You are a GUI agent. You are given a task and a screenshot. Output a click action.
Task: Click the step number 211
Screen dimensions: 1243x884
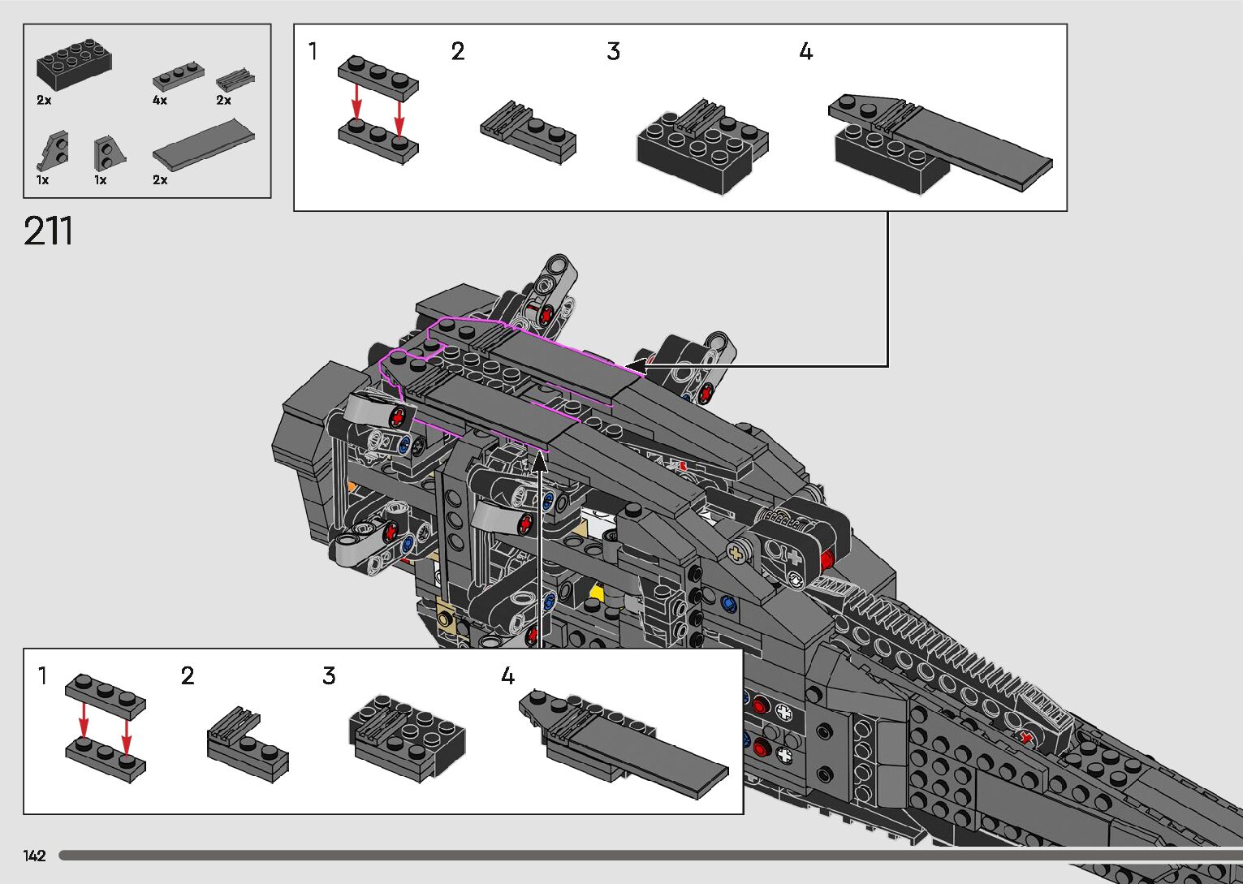point(48,231)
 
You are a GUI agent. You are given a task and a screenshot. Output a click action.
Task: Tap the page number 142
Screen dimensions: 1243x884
point(34,855)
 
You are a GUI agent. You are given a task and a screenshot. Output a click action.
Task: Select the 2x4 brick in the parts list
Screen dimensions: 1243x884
point(75,65)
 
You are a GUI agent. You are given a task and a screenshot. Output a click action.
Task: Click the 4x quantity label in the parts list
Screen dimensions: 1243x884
point(160,100)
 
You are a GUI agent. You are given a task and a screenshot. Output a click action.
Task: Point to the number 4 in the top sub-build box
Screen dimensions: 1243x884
point(805,52)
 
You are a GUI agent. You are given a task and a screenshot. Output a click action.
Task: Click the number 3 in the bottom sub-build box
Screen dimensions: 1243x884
point(329,675)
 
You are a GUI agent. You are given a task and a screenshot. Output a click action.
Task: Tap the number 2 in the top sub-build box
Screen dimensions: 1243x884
point(458,52)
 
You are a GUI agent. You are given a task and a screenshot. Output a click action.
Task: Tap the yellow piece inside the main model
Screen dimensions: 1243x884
point(596,592)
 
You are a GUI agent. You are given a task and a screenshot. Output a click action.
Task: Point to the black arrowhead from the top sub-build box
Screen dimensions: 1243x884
point(635,366)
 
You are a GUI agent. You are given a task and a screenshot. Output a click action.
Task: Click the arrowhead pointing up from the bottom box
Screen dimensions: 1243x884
point(539,462)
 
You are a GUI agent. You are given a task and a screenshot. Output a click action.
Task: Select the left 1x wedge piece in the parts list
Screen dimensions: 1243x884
point(54,150)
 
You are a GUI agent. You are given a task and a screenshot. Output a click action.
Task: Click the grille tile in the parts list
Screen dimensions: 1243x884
point(235,80)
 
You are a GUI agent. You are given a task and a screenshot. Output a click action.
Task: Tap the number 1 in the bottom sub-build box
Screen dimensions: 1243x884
point(41,676)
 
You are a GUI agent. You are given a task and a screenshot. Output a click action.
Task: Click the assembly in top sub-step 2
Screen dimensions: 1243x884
point(528,132)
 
